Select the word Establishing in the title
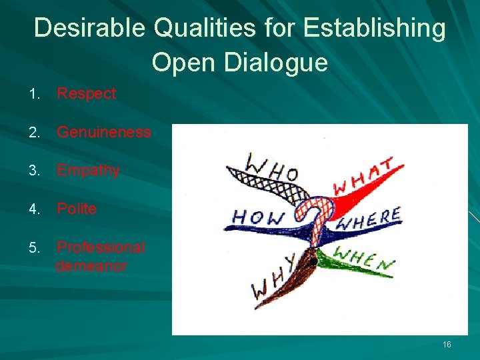point(374,28)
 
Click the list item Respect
point(86,93)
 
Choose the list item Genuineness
point(103,132)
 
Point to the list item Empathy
point(88,171)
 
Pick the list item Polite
point(77,209)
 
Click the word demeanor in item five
point(91,266)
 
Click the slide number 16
point(447,344)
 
